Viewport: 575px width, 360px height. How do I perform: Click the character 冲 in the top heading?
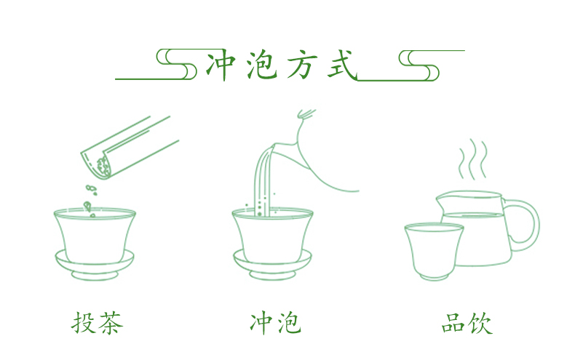pyautogui.click(x=221, y=65)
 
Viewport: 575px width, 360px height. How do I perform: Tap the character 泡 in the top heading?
pyautogui.click(x=261, y=65)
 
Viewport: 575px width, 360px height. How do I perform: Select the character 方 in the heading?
pyautogui.click(x=301, y=65)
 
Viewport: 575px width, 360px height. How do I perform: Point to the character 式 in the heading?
pyautogui.click(x=342, y=65)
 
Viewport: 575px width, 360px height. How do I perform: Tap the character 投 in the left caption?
pyautogui.click(x=84, y=323)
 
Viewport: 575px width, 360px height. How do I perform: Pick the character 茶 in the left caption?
pyautogui.click(x=111, y=323)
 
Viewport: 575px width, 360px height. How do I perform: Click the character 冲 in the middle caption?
pyautogui.click(x=262, y=323)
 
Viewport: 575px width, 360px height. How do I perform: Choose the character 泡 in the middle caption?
pyautogui.click(x=289, y=323)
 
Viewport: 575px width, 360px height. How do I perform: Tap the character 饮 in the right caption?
pyautogui.click(x=480, y=323)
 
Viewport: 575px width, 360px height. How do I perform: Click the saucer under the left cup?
pyautogui.click(x=95, y=265)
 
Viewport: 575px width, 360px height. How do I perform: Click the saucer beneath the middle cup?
pyautogui.click(x=272, y=265)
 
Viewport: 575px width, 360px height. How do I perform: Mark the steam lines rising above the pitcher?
pyautogui.click(x=472, y=159)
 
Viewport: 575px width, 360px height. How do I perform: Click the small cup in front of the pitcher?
pyautogui.click(x=434, y=252)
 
